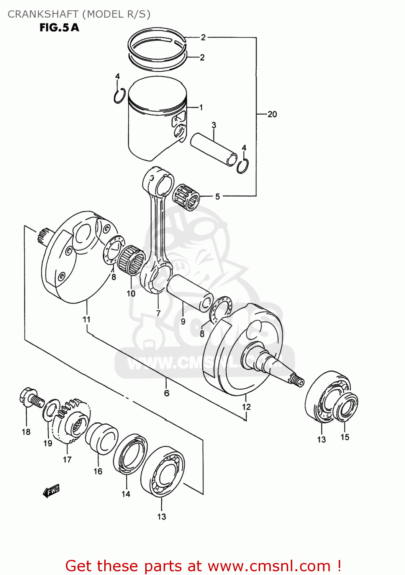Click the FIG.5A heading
tap(59, 28)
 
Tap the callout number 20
tap(272, 114)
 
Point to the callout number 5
tap(217, 197)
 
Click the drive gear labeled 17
tap(72, 421)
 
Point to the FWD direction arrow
tap(51, 491)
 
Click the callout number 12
tap(246, 407)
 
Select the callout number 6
tap(167, 393)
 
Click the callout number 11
tap(87, 319)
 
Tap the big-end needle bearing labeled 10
tap(131, 261)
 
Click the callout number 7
tap(158, 313)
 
